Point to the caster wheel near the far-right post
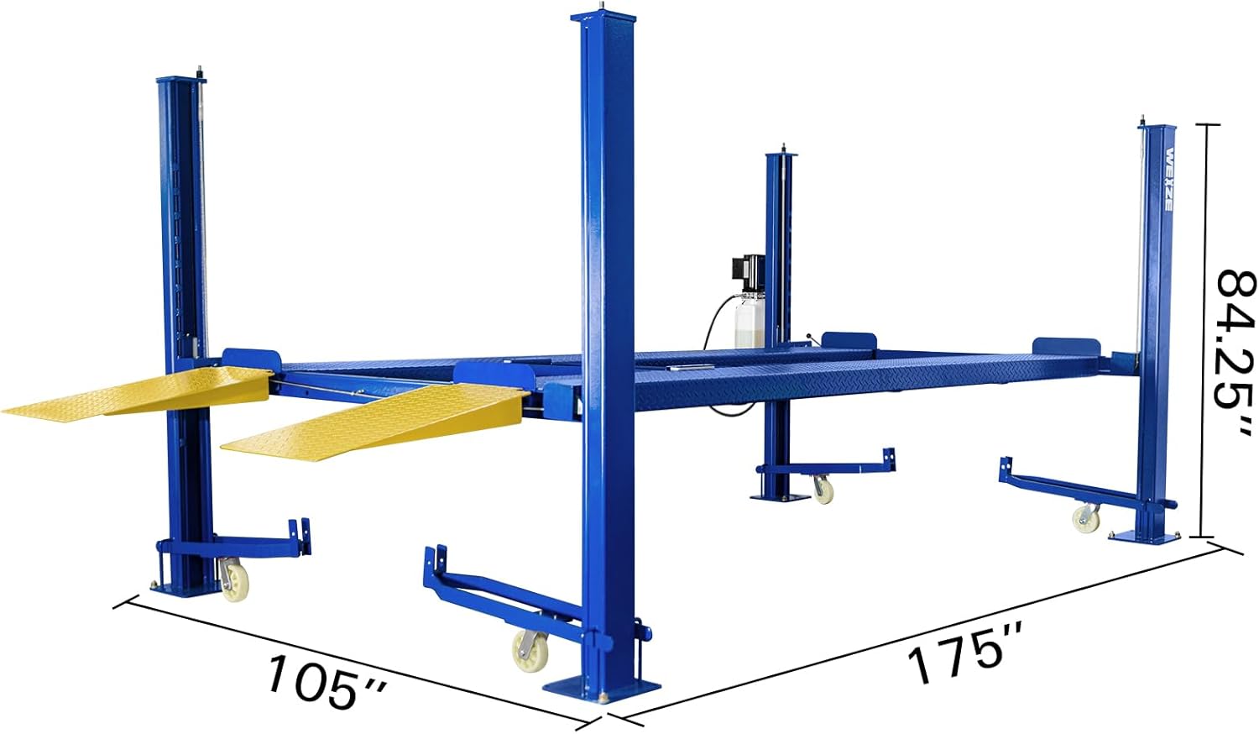point(1086,518)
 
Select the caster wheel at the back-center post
point(822,489)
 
